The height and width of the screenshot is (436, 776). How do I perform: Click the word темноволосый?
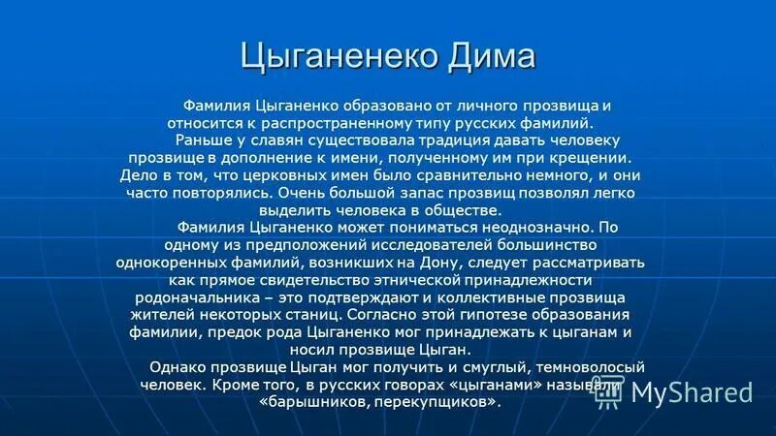pyautogui.click(x=597, y=367)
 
